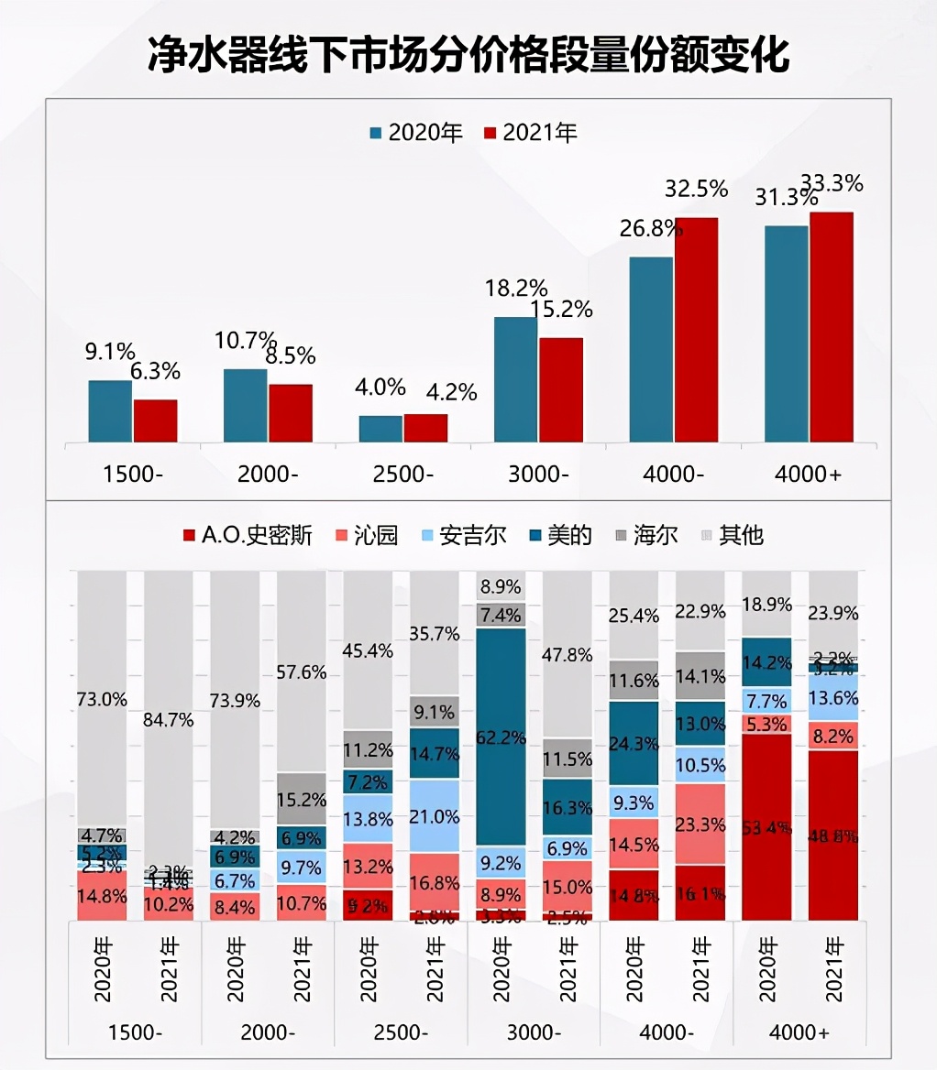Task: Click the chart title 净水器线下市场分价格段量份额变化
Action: coord(468,55)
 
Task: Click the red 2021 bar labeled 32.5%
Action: coord(696,330)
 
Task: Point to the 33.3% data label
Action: coord(832,182)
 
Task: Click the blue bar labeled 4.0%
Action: coord(380,429)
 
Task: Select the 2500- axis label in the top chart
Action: coord(403,474)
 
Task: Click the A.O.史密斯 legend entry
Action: coord(248,535)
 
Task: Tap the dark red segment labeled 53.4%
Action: coord(766,826)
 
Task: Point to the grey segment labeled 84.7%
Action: coord(168,719)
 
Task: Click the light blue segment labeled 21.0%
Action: coord(435,815)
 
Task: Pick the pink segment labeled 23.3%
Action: coord(700,824)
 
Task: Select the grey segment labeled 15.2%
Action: coord(301,799)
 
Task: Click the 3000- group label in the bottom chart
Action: coord(534,1032)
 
